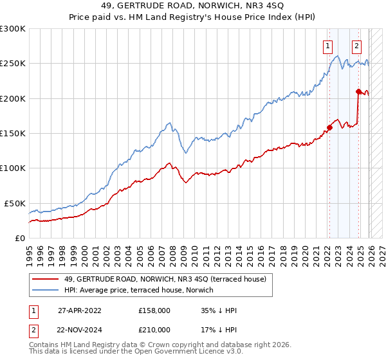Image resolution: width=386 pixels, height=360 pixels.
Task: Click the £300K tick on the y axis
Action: tap(13, 29)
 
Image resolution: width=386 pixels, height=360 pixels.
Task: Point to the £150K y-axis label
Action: tap(13, 134)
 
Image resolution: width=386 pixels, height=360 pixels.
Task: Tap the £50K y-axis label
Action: tap(15, 203)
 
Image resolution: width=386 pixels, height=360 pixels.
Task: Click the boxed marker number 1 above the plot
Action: tap(328, 46)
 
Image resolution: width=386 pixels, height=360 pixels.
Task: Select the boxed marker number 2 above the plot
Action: tap(356, 46)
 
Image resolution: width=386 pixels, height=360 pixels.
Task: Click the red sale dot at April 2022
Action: tap(329, 127)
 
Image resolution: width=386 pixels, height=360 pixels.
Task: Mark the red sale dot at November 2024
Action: tap(358, 91)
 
